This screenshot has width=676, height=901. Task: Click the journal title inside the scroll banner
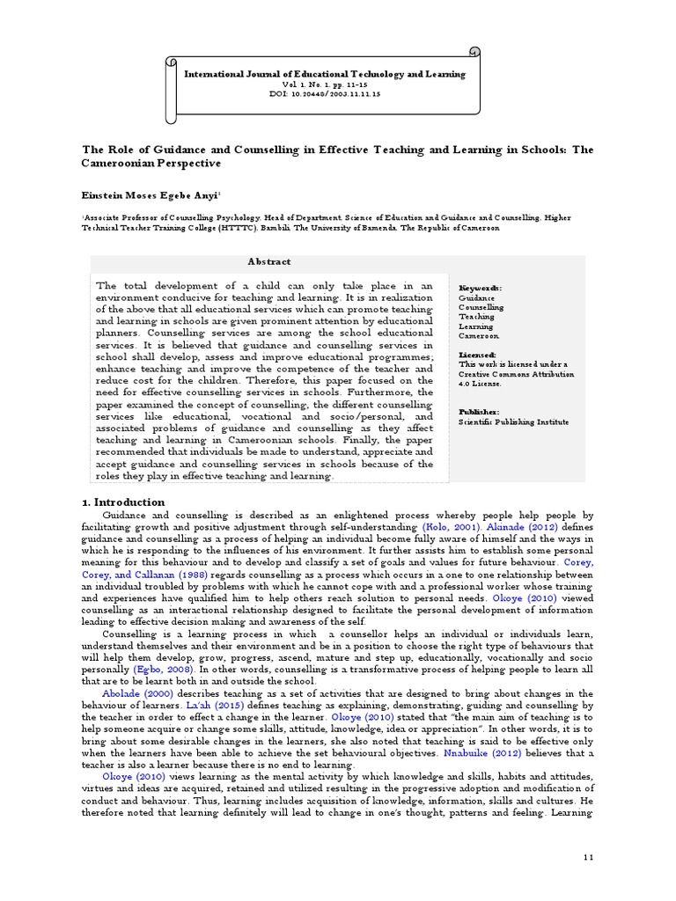pos(325,75)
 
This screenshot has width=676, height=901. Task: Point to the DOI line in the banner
pos(325,93)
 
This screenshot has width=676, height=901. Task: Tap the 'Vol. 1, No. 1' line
pos(325,84)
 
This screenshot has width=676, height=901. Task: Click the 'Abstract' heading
pos(269,261)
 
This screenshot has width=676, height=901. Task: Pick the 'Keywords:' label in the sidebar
pos(481,288)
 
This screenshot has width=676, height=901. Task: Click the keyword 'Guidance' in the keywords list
pos(476,297)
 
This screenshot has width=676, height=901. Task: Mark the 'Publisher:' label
pos(480,411)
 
